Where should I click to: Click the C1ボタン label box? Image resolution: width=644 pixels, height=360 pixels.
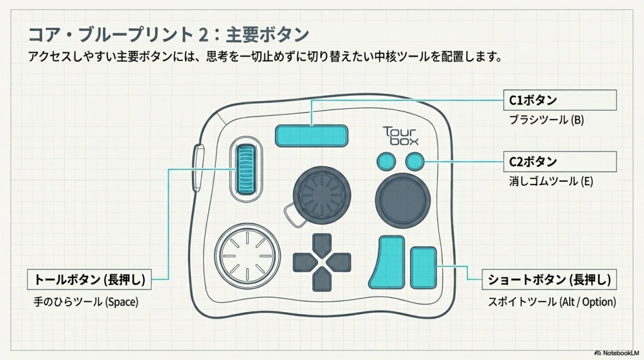(x=561, y=100)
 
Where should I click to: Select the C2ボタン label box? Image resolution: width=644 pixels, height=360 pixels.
(x=561, y=162)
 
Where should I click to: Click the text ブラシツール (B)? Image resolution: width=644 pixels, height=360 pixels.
(x=546, y=120)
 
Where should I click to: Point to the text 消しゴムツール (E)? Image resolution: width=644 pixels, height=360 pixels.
(x=551, y=181)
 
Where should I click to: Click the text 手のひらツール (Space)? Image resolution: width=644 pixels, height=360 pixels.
(x=86, y=301)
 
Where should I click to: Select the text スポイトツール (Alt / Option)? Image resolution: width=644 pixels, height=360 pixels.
(x=552, y=301)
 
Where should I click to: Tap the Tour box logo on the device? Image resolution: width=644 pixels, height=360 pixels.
(x=401, y=135)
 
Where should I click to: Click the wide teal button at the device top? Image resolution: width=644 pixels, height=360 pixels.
(x=311, y=135)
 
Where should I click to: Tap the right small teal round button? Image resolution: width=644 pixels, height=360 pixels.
(x=414, y=162)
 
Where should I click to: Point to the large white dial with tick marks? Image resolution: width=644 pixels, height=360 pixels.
(x=247, y=256)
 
